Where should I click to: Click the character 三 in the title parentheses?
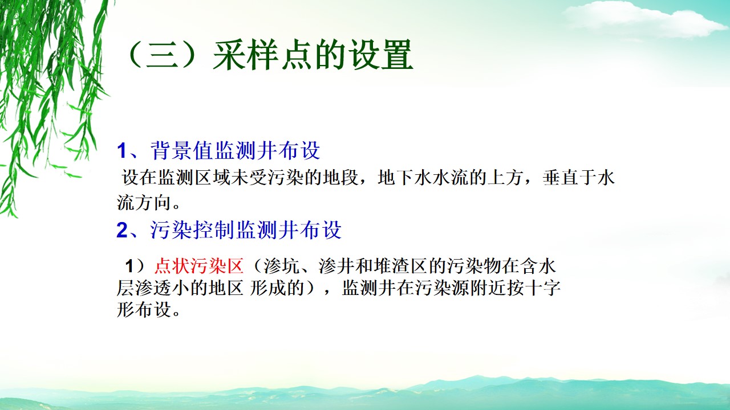[x=162, y=55]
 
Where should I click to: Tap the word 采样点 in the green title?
[x=261, y=55]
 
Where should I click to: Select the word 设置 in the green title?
[x=380, y=55]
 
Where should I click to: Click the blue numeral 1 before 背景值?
[x=122, y=151]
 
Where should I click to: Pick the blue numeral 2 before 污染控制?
[x=122, y=230]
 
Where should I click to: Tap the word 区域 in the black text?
[x=213, y=178]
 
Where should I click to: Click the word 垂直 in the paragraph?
[x=560, y=178]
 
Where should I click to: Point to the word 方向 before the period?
[x=153, y=203]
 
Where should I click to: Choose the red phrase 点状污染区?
[x=199, y=266]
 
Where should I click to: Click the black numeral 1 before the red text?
[x=129, y=266]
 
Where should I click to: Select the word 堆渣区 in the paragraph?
[x=400, y=266]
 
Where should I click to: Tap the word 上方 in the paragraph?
[x=505, y=178]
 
